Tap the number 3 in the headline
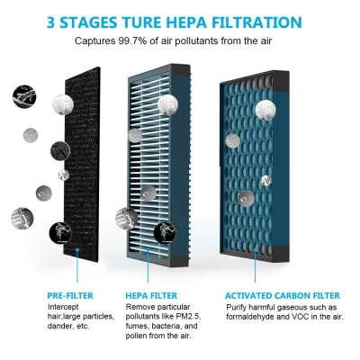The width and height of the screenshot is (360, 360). point(51,22)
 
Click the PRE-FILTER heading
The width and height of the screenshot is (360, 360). point(70,295)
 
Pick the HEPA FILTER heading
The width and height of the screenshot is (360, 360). point(151,295)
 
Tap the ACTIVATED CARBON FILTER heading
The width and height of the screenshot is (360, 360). point(283,295)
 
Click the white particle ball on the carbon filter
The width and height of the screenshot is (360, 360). point(265,110)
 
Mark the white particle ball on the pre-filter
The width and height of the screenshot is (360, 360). point(63,104)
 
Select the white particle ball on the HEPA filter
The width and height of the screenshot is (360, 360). point(167,104)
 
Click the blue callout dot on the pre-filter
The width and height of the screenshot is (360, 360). point(77,249)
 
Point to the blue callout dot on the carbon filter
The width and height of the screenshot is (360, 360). point(256,249)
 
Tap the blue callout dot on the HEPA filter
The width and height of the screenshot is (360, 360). point(148,249)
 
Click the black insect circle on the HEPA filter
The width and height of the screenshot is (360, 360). point(165,232)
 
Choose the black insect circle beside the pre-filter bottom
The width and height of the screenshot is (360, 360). point(60,233)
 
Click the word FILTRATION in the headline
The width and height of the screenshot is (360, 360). point(256,22)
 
